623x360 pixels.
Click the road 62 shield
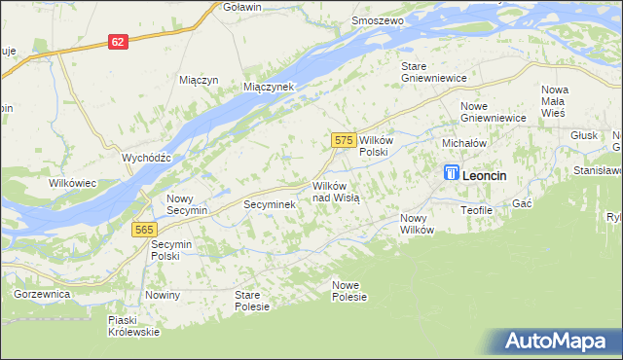(117, 42)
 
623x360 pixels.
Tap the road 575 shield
(342, 140)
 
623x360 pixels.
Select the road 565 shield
(144, 228)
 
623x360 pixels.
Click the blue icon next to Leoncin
(451, 173)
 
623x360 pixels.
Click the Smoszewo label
(378, 19)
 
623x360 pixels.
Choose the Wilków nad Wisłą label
(336, 191)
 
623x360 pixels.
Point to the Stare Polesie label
(253, 300)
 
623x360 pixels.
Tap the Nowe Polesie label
(348, 290)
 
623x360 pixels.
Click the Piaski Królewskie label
(134, 326)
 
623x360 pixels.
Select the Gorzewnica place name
(42, 293)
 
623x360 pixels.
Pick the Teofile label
(478, 209)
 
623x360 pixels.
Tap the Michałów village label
(463, 142)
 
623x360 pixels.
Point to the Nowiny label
(163, 294)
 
